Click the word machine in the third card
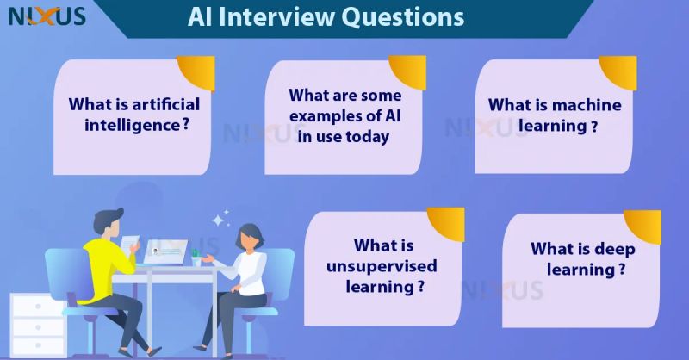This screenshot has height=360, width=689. point(584,105)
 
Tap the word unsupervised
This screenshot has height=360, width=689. point(382,265)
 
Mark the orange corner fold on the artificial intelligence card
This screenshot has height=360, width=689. point(197,69)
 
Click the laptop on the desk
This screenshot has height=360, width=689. point(164,251)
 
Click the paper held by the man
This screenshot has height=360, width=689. point(131,245)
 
